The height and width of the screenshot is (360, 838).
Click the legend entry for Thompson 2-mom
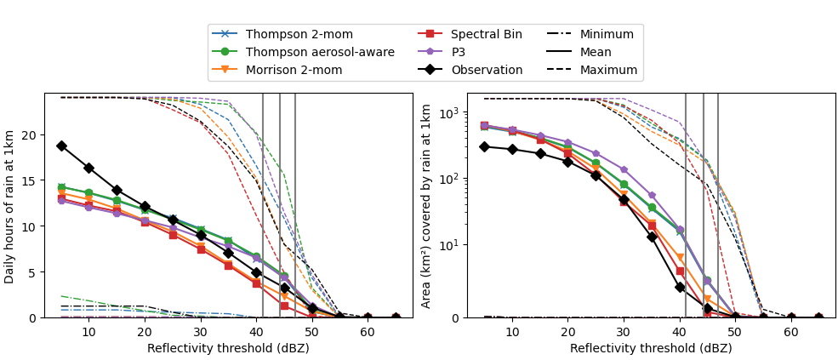[x=299, y=34]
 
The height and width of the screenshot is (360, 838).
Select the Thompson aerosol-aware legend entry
[x=320, y=52]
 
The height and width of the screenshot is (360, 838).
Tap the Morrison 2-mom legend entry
[x=294, y=70]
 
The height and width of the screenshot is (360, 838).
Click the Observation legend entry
[x=487, y=70]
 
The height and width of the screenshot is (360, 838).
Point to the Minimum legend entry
[x=607, y=34]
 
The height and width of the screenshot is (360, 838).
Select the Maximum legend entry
[x=608, y=70]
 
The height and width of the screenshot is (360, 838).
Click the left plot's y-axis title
[x=10, y=205]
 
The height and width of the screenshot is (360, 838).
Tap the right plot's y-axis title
[x=427, y=205]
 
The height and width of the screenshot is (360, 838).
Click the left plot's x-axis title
[x=228, y=348]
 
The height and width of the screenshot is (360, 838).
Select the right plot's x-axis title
[x=651, y=348]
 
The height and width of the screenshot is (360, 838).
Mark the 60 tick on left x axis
[x=368, y=332]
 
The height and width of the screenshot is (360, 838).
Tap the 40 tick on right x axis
[x=679, y=332]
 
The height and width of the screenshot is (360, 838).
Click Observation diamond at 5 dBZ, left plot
[x=61, y=146]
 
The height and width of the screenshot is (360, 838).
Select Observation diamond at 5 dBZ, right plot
[x=484, y=146]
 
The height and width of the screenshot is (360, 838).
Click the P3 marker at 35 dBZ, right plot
[x=652, y=196]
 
